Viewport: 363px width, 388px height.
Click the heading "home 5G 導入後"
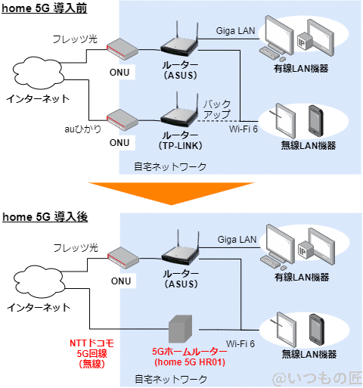point(45,217)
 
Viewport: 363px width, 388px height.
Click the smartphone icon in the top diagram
point(315,120)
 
